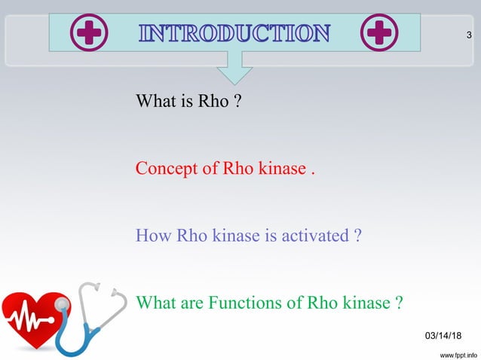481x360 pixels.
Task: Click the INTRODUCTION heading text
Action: [234, 33]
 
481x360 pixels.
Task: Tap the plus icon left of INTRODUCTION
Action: [89, 34]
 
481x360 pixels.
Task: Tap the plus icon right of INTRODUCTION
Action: [379, 34]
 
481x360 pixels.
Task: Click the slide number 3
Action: [469, 35]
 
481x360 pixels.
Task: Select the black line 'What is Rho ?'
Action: [188, 101]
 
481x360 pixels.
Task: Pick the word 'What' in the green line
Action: [156, 304]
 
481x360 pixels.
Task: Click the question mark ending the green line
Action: [398, 304]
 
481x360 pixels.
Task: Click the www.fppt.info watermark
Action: [453, 352]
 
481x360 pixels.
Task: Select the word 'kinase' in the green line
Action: [365, 304]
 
